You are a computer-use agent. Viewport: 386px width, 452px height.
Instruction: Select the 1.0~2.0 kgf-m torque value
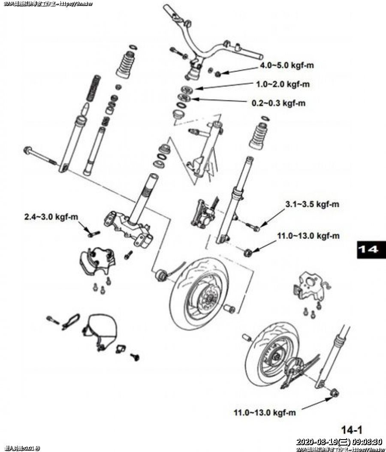283,84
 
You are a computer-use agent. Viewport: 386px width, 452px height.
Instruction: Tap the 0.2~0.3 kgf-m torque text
278,103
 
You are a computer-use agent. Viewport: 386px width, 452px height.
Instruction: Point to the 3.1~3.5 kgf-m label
312,205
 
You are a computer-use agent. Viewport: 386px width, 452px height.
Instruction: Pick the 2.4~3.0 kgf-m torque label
51,217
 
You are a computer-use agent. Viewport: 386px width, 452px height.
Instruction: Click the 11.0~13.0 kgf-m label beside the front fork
308,236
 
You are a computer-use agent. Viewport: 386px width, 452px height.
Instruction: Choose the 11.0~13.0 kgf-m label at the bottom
265,413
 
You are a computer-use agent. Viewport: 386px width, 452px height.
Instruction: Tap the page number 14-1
352,429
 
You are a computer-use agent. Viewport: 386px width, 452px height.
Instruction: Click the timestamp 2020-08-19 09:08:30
339,442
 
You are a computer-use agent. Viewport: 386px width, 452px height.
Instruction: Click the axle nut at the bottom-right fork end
335,392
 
